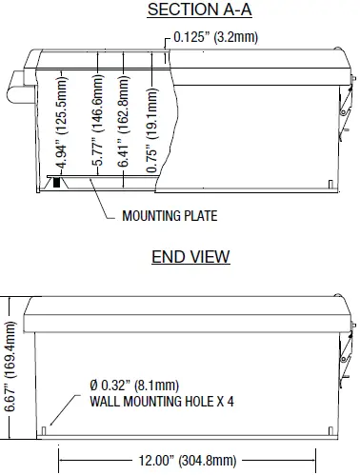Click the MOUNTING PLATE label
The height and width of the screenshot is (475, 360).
(x=170, y=216)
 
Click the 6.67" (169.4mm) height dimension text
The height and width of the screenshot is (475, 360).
(x=11, y=366)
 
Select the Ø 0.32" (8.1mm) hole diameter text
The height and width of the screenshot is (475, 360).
(x=134, y=386)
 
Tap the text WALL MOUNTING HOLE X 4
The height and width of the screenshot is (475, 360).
(x=162, y=401)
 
